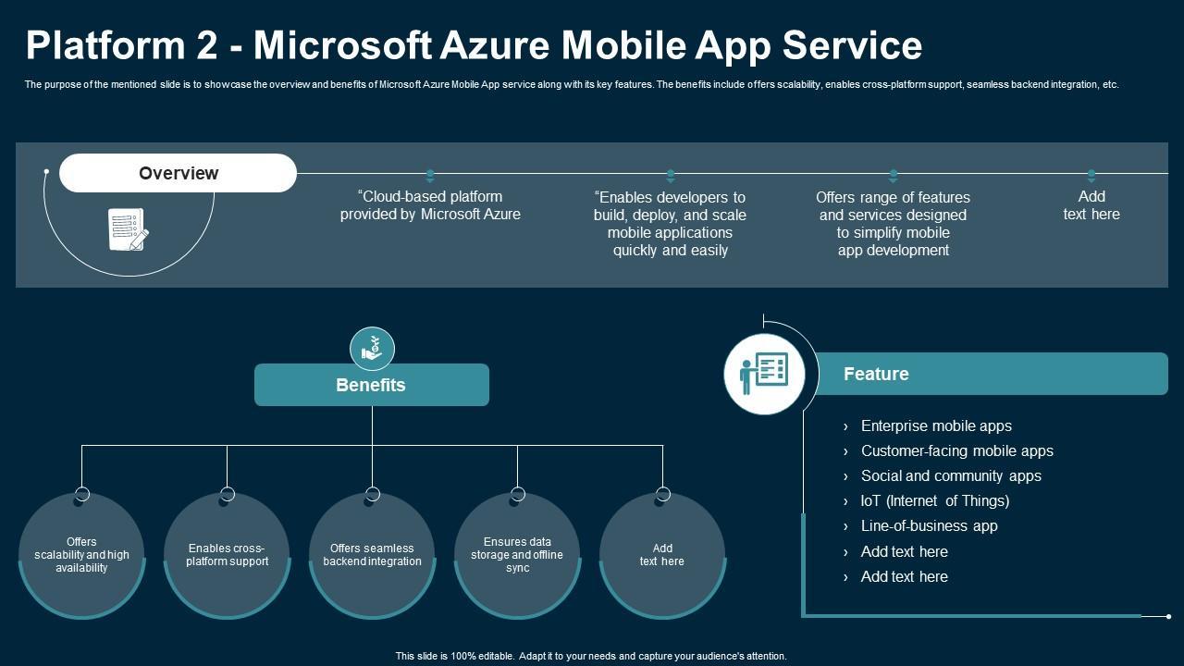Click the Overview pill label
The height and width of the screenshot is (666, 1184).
[179, 173]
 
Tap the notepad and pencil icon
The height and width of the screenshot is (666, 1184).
[128, 229]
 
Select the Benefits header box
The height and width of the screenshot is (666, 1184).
[371, 385]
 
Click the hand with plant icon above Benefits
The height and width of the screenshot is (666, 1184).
[372, 350]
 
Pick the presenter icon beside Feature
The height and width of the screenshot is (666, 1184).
[764, 374]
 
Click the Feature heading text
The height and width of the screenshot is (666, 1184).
[876, 374]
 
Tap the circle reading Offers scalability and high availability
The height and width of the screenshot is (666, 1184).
[81, 555]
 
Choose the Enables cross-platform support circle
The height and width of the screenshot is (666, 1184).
[227, 555]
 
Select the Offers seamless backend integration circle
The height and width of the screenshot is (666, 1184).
[372, 555]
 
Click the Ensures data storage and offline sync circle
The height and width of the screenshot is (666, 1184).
[517, 555]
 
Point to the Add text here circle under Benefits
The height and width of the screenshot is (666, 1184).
[662, 555]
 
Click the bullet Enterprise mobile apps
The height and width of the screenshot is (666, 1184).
[936, 425]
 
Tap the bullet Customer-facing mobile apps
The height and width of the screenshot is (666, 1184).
[956, 450]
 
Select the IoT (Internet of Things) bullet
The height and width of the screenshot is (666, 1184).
[934, 500]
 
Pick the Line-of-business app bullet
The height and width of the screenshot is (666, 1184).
[929, 525]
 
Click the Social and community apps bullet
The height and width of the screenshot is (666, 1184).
[951, 475]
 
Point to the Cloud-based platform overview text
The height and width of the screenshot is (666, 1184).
[430, 205]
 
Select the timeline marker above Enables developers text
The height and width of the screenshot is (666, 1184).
[671, 175]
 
